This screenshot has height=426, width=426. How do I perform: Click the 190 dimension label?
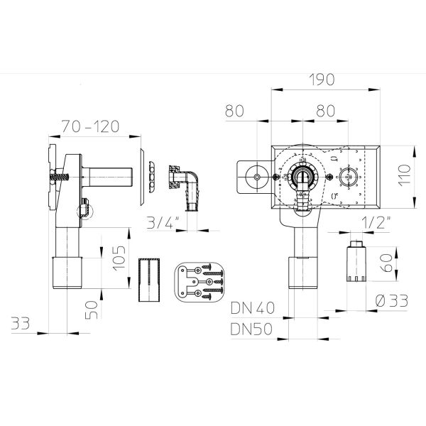(x=322, y=80)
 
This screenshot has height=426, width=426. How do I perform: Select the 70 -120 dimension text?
(x=90, y=126)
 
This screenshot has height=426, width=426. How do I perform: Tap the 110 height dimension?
(x=404, y=175)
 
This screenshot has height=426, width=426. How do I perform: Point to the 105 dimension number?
(x=119, y=258)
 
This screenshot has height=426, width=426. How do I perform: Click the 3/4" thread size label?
(x=163, y=223)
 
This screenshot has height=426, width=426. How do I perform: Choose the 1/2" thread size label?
(x=376, y=223)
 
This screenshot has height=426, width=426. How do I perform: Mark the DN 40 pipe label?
(x=253, y=308)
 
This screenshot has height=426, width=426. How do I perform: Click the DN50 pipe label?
(x=251, y=329)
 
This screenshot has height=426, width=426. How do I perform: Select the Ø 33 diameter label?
(x=392, y=301)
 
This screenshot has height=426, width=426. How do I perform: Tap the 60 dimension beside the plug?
(x=386, y=263)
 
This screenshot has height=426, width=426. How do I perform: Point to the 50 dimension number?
(x=92, y=310)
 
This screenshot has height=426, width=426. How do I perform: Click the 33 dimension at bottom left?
(x=21, y=323)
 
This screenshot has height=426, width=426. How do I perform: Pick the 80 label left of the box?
(x=234, y=111)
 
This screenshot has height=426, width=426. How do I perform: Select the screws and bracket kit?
(x=199, y=282)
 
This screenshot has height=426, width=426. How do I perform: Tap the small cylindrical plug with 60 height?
(x=356, y=261)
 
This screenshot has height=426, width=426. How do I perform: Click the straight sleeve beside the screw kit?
(x=149, y=280)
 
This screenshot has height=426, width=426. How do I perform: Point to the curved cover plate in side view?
(x=142, y=177)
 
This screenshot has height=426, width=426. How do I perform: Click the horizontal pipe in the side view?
(x=107, y=177)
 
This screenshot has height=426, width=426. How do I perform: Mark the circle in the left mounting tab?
(x=257, y=177)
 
